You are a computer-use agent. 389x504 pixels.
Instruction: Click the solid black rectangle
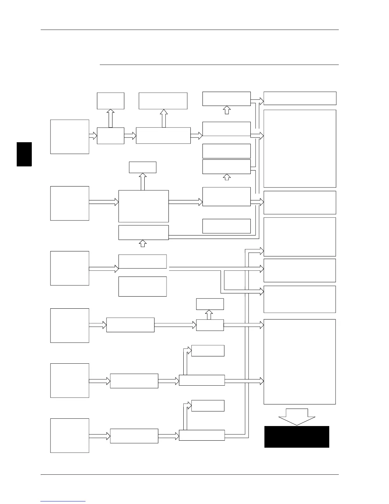pyautogui.click(x=297, y=437)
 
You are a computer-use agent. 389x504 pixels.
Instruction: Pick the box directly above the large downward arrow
pyautogui.click(x=299, y=361)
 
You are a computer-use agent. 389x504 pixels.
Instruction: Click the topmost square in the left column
pyautogui.click(x=70, y=137)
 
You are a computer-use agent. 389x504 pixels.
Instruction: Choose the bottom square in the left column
pyautogui.click(x=70, y=436)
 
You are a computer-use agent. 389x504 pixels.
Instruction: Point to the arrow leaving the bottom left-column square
pyautogui.click(x=99, y=436)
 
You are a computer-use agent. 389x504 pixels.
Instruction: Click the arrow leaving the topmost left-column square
pyautogui.click(x=93, y=136)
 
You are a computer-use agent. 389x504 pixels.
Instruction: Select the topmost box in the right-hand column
pyautogui.click(x=300, y=98)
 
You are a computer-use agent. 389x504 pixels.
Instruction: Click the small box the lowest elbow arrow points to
pyautogui.click(x=208, y=406)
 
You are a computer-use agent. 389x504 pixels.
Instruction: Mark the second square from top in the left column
pyautogui.click(x=70, y=203)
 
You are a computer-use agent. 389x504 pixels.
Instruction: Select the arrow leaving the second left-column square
pyautogui.click(x=103, y=202)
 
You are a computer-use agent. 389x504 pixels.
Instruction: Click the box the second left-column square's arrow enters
pyautogui.click(x=143, y=206)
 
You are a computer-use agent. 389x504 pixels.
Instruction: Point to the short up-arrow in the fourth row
pyautogui.click(x=209, y=315)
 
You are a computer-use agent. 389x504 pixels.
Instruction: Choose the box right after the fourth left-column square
pyautogui.click(x=130, y=325)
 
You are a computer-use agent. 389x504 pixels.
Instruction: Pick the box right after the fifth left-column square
pyautogui.click(x=134, y=381)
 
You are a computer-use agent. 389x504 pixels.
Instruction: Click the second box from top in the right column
pyautogui.click(x=300, y=149)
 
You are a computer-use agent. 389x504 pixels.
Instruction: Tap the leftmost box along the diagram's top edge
pyautogui.click(x=110, y=101)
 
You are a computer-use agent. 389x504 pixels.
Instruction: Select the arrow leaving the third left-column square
pyautogui.click(x=103, y=269)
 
